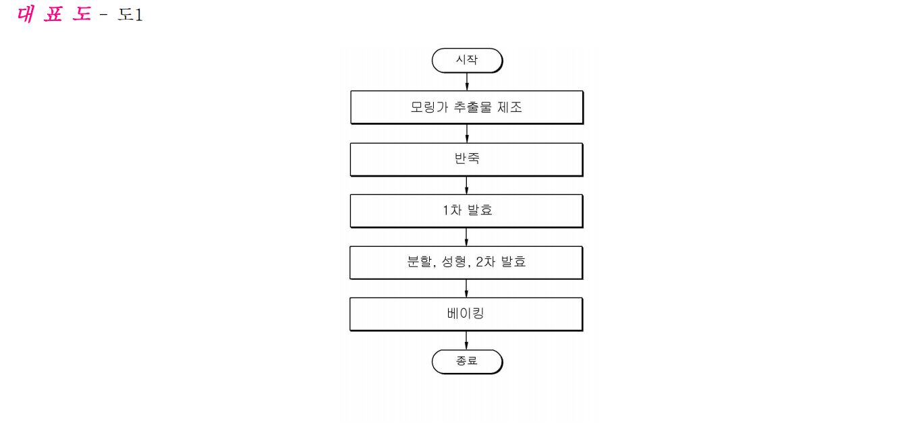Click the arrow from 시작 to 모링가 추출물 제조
[467, 82]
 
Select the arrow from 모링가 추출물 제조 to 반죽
[467, 134]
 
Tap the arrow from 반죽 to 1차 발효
[466, 185]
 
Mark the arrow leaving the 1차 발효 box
[466, 237]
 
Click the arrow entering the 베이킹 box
[466, 289]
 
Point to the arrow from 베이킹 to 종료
[466, 341]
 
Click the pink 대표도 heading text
[54, 14]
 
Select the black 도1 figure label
[130, 15]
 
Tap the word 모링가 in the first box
[429, 107]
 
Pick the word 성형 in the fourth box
[454, 262]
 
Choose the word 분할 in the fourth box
[419, 262]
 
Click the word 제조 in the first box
[509, 107]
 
